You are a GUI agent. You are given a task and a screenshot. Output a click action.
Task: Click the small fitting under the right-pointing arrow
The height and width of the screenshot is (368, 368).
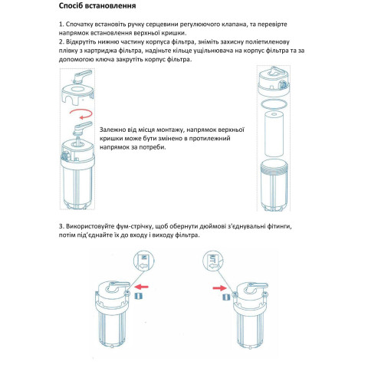225,297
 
